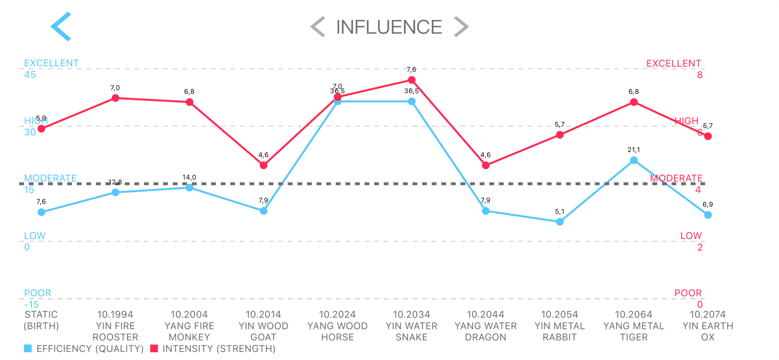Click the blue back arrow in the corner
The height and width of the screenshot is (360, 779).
tap(61, 26)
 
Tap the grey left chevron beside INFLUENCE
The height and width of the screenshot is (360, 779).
tap(318, 27)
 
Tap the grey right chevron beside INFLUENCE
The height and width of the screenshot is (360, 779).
tap(461, 27)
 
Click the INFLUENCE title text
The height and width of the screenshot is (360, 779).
tap(389, 27)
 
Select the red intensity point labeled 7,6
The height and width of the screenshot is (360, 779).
tap(412, 80)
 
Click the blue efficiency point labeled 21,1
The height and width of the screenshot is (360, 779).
tap(634, 160)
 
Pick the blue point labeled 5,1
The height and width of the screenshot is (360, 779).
tap(560, 222)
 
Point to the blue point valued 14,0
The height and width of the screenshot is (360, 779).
tap(190, 187)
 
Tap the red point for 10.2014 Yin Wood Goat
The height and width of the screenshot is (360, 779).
tap(263, 166)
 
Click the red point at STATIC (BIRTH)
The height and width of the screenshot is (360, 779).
tap(41, 129)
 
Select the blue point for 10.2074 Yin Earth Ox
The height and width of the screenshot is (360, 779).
tap(708, 215)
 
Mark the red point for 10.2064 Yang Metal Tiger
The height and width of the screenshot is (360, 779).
tap(634, 102)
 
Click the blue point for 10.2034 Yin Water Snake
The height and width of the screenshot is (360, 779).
tap(412, 102)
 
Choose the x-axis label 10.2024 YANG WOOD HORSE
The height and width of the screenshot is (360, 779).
tap(338, 326)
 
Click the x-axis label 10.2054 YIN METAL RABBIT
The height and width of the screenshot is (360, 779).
tap(560, 326)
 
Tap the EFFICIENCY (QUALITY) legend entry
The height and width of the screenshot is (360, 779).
tap(84, 349)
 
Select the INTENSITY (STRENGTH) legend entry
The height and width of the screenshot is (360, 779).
tap(213, 349)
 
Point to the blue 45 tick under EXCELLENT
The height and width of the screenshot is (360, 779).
tap(30, 75)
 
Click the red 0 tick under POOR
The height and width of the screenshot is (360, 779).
tap(700, 305)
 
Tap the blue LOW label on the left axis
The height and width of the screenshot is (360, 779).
tap(35, 236)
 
